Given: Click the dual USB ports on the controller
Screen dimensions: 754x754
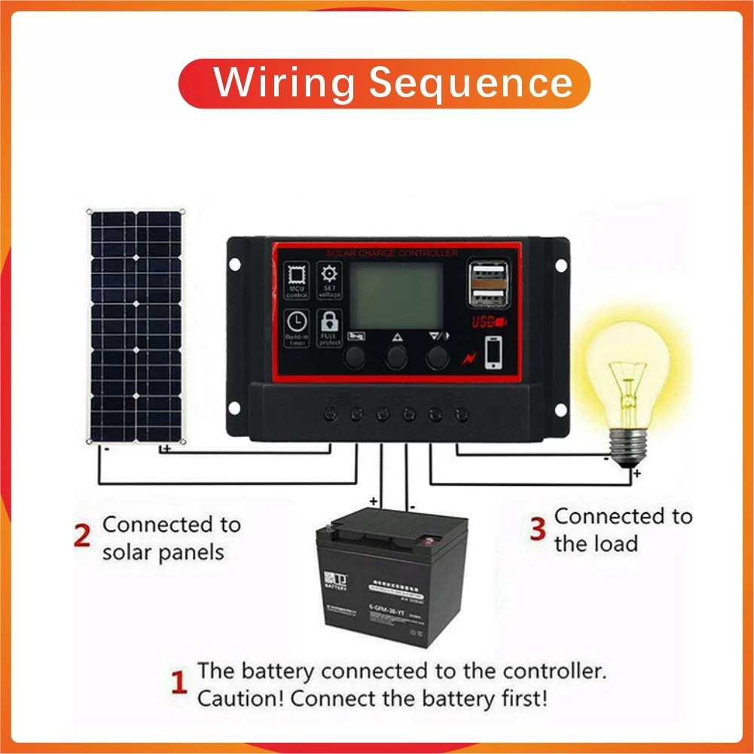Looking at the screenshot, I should pyautogui.click(x=486, y=284).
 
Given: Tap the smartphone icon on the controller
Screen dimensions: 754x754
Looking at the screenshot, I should pyautogui.click(x=493, y=353).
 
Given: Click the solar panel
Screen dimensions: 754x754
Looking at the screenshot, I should pyautogui.click(x=137, y=326).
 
